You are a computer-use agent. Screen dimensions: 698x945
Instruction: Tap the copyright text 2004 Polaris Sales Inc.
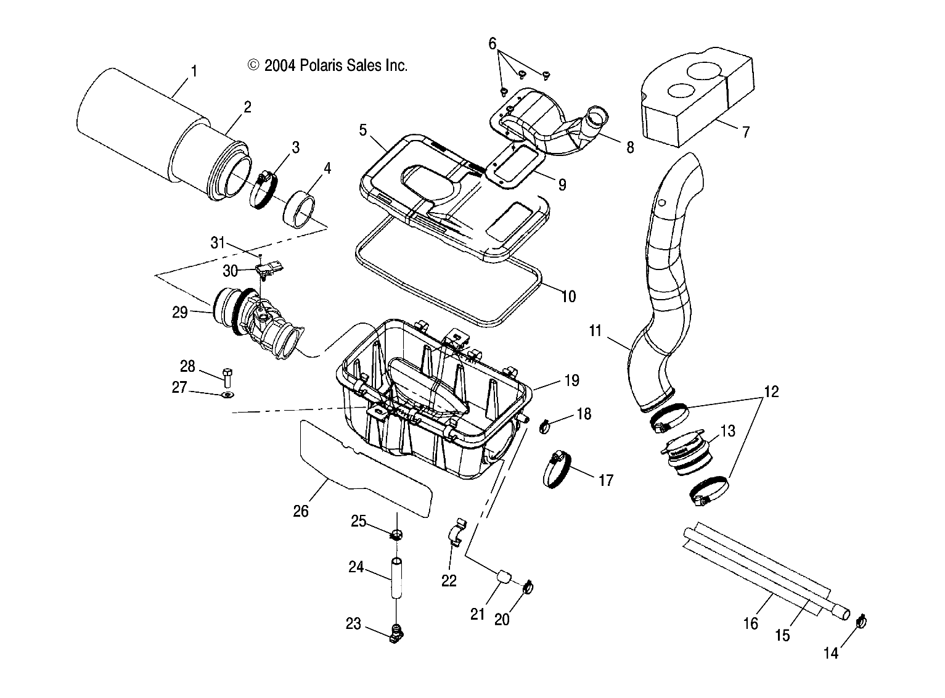(327, 65)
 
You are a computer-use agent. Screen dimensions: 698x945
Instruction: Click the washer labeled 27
(227, 395)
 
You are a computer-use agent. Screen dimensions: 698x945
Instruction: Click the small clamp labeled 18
(545, 425)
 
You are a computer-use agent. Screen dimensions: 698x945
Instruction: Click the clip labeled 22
(456, 532)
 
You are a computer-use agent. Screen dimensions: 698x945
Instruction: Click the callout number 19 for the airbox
(571, 380)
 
